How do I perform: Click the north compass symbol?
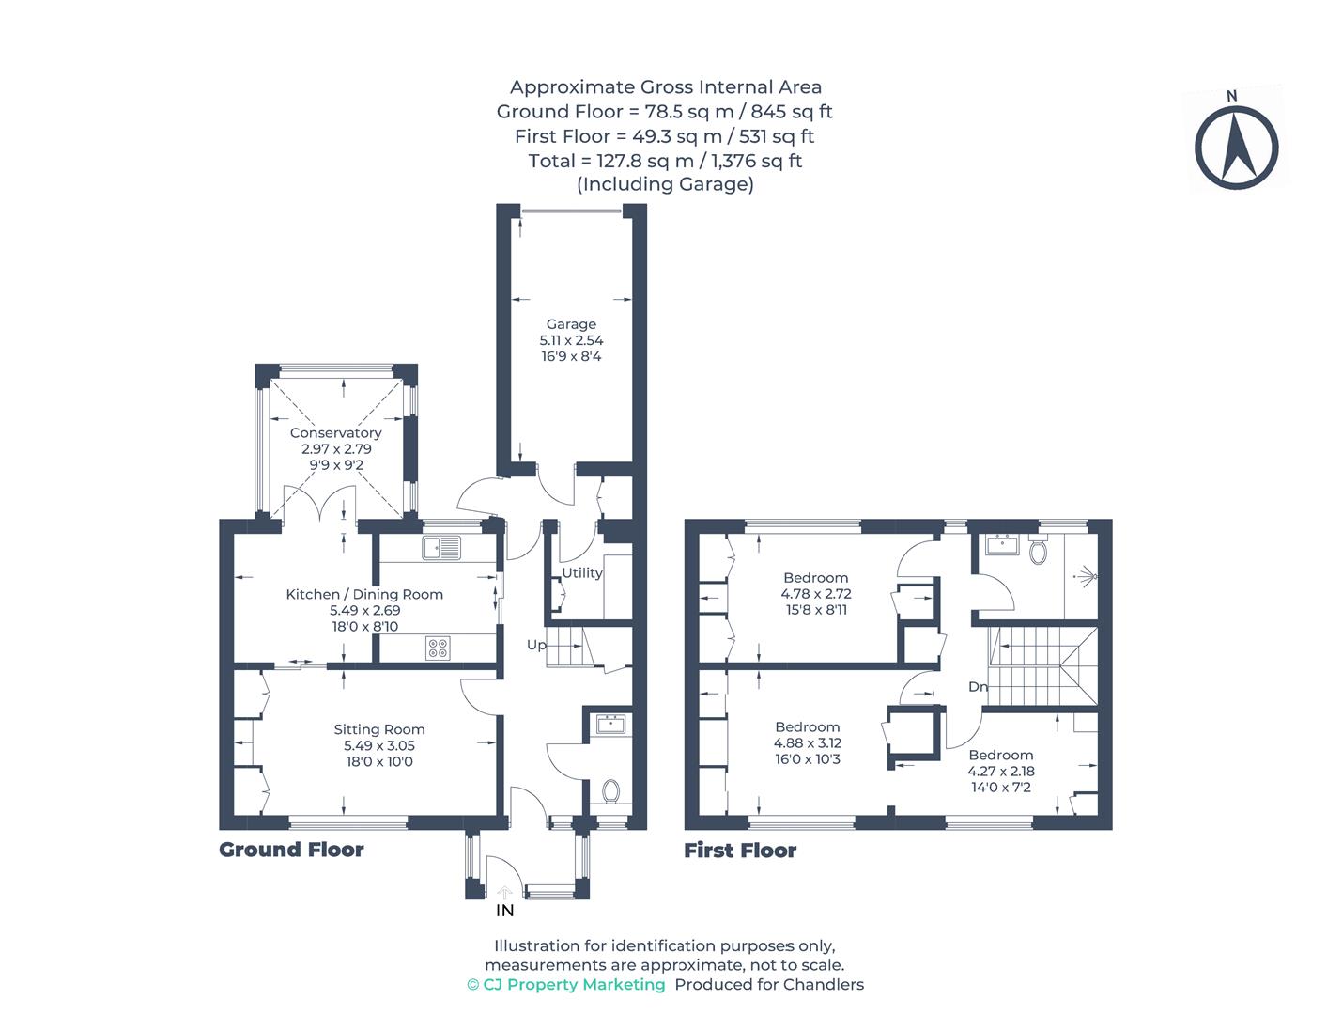[x=1236, y=148]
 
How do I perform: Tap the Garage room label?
[x=571, y=324]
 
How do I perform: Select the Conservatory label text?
[x=335, y=433]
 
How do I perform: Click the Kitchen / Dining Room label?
[x=364, y=594]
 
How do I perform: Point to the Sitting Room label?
[x=379, y=729]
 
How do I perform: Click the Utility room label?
[x=582, y=572]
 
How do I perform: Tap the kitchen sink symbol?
[x=441, y=547]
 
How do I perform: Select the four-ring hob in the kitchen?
[x=438, y=648]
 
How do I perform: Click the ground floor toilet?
[x=611, y=791]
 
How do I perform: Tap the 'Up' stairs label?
[x=536, y=645]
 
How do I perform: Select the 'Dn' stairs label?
[x=978, y=687]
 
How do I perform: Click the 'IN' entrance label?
[x=504, y=911]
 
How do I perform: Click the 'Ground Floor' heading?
[x=291, y=850]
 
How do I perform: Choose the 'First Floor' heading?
[x=740, y=851]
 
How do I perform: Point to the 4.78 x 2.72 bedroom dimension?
[x=815, y=594]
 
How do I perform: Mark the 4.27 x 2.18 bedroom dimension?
[x=1001, y=772]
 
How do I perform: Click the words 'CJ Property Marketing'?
[x=573, y=985]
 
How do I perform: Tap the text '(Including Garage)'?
[x=665, y=184]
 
